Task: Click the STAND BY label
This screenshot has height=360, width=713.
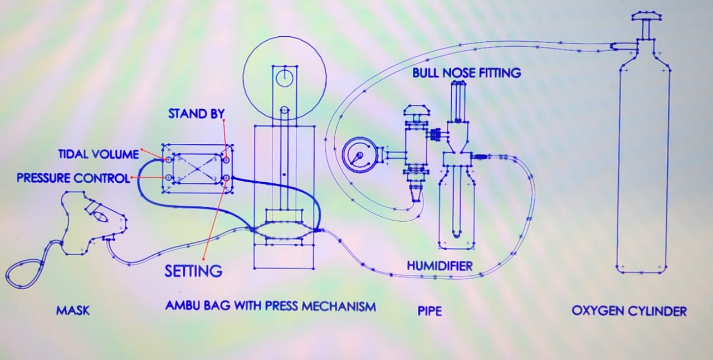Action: coord(196,114)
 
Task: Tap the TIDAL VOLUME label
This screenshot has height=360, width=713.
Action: coord(99,154)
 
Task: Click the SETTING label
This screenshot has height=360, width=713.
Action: coord(193,271)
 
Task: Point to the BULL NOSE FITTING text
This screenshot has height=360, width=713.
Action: coord(467,72)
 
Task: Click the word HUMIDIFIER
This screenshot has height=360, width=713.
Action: coord(439,266)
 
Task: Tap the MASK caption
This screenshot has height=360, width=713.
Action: coord(73,310)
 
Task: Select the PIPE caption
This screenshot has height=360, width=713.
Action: coord(429,310)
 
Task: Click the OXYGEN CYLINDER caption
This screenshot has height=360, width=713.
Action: coord(629,310)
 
